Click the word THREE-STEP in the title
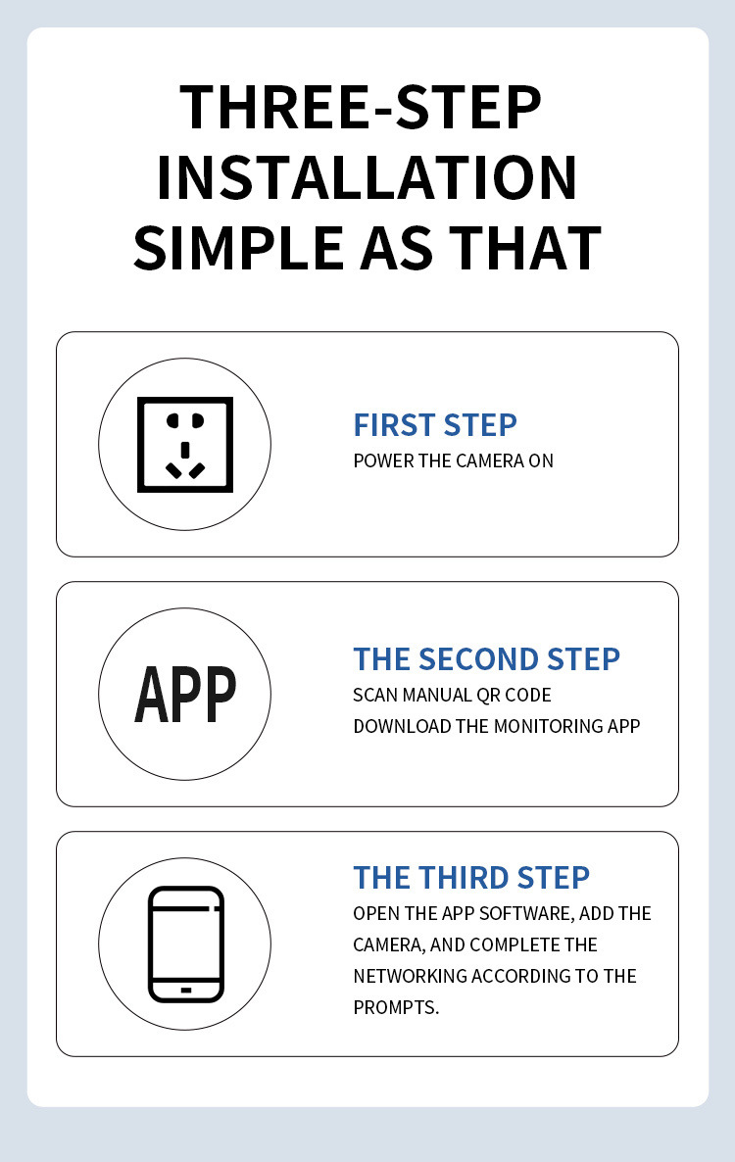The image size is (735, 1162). point(361,108)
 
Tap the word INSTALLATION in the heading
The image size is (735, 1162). point(367,178)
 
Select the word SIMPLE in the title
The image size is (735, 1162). point(238,248)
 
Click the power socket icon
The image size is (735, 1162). point(185,445)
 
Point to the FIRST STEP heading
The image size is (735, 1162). point(435,425)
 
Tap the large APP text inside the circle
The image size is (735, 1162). point(185,695)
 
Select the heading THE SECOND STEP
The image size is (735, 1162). point(487,659)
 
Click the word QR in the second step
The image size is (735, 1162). point(488,695)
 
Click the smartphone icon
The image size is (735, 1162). point(186,944)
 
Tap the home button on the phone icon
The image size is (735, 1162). point(186,991)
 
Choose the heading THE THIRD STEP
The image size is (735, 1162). point(471,878)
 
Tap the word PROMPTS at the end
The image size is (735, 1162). point(396,1008)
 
